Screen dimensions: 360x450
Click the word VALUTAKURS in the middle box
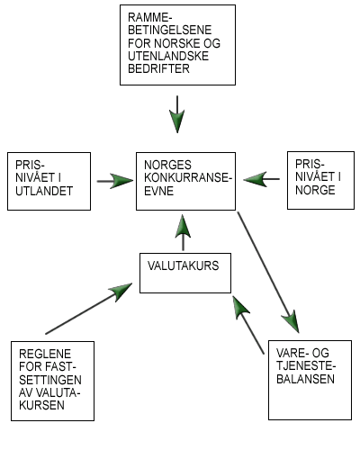184,265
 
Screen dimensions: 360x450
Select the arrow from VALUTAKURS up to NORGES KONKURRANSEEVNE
183,232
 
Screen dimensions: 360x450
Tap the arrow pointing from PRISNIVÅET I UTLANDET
115,181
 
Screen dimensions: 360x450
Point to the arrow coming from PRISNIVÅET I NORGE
262,179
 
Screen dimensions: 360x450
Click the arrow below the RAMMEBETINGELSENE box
177,114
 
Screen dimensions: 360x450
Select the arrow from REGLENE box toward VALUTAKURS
89,309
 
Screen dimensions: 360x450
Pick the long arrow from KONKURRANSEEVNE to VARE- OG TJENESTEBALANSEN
268,272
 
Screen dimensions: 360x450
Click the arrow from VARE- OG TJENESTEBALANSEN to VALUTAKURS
248,325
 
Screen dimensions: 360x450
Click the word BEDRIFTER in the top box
158,68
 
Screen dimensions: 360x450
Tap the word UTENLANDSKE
168,56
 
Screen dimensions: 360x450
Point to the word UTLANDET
44,191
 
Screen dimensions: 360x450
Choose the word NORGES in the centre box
167,165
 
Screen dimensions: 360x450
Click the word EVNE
158,191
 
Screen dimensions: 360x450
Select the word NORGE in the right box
315,190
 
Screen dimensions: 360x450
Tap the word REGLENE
45,354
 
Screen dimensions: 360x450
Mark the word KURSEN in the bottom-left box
41,405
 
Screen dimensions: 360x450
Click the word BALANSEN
305,379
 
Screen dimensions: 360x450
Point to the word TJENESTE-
306,366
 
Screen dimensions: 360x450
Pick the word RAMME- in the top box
150,17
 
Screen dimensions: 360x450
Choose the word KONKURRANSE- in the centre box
188,178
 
